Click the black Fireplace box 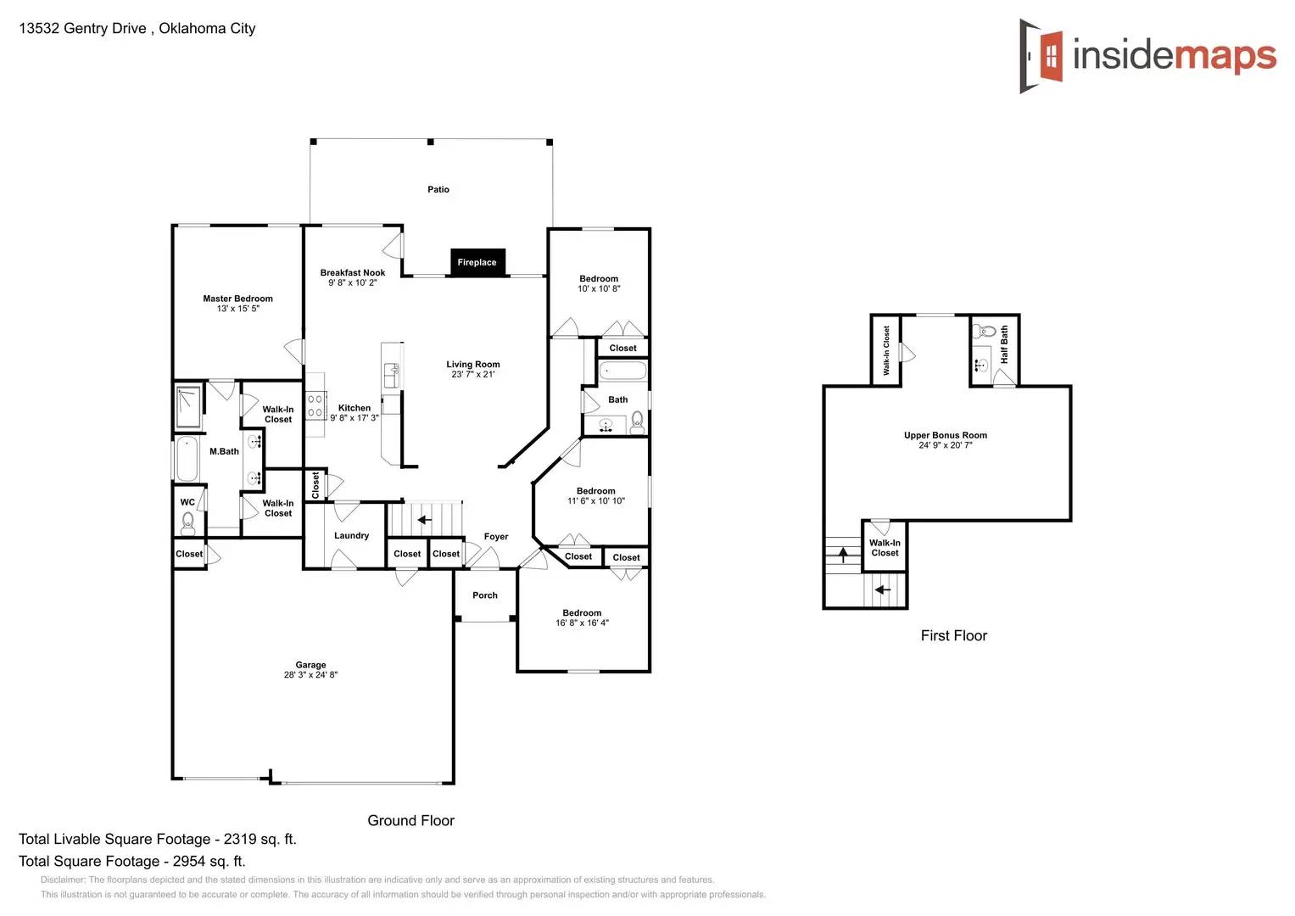coord(477,262)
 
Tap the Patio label coord(438,189)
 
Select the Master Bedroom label coord(237,299)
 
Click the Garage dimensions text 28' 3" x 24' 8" coord(310,675)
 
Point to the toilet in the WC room coord(188,522)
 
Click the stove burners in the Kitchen coord(315,405)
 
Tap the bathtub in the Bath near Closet coord(622,371)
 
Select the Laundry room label coord(351,535)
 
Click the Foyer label coord(496,536)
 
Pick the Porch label coord(485,595)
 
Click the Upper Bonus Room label coord(945,435)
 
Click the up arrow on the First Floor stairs coord(843,555)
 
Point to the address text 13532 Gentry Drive coord(82,28)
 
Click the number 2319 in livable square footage coord(240,839)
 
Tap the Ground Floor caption coord(410,820)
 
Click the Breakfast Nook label coord(352,272)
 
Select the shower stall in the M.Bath coord(188,407)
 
